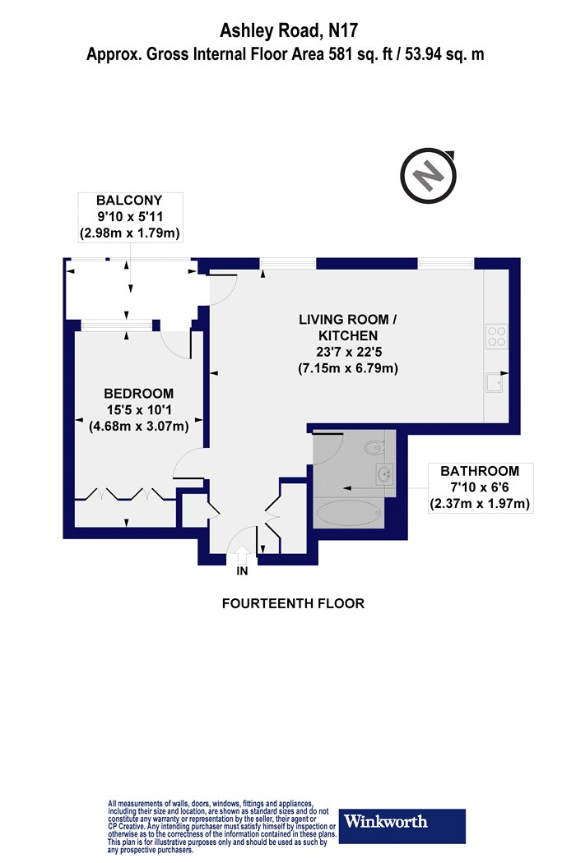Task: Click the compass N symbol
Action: [428, 176]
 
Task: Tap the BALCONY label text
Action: [129, 200]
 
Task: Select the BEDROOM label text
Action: [139, 394]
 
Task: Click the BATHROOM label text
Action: [480, 471]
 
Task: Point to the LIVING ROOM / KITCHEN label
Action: [348, 327]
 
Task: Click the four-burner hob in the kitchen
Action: [496, 337]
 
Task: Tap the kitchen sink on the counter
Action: [495, 382]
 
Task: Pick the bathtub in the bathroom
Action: [349, 513]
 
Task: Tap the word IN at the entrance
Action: [242, 571]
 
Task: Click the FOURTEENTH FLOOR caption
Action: [293, 604]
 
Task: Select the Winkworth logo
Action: [402, 826]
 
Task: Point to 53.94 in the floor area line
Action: [424, 54]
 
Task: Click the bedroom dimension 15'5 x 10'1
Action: [139, 409]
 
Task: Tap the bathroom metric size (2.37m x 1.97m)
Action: [480, 504]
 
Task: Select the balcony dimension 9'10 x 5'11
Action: [130, 216]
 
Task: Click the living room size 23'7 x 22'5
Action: [348, 351]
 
